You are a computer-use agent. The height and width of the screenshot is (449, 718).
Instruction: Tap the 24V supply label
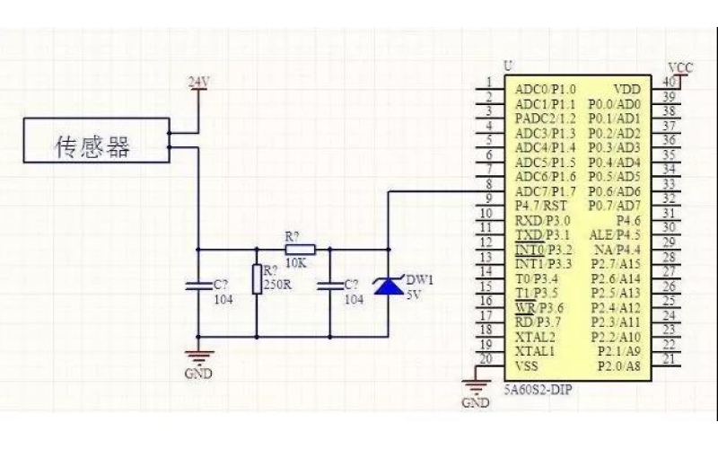click(198, 83)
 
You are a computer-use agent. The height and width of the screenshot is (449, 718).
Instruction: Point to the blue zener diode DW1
click(388, 286)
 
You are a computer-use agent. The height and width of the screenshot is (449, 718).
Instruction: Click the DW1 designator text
click(420, 279)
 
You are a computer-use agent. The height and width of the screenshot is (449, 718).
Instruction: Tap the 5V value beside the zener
click(414, 294)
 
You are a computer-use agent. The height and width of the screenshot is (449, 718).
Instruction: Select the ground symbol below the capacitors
click(198, 357)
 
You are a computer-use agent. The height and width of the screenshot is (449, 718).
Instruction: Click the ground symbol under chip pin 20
click(475, 388)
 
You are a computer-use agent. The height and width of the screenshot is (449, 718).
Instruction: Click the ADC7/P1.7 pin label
click(546, 190)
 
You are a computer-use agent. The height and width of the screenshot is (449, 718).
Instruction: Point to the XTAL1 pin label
click(535, 350)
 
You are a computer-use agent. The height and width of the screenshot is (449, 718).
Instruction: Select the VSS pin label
click(528, 365)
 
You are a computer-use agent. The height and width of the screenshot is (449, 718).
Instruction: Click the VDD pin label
click(626, 90)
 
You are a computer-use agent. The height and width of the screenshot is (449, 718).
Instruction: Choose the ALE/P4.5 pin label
click(615, 234)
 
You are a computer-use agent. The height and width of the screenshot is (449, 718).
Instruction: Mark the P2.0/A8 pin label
click(619, 365)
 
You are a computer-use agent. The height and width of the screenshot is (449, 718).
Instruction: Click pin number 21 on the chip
click(667, 359)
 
